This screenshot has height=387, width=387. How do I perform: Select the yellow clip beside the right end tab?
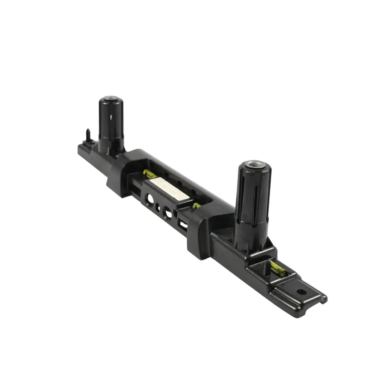click(278, 268)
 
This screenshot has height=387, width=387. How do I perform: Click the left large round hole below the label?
click(149, 197)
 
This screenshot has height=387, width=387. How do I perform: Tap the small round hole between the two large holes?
click(158, 206)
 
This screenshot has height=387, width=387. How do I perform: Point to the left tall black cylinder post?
click(111, 122)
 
